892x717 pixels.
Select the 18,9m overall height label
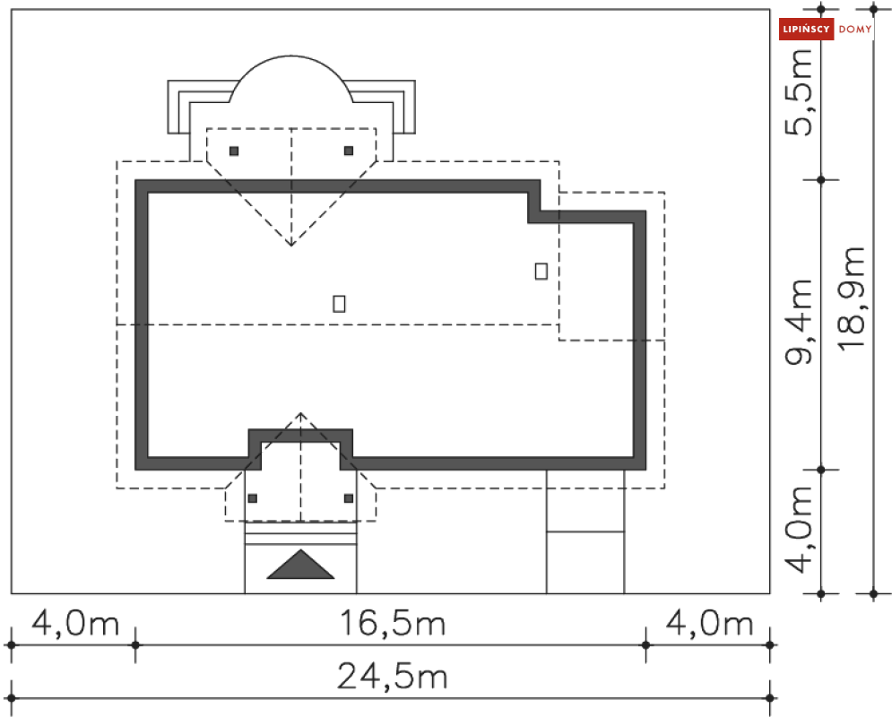[852, 298]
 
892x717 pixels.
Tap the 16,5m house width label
[392, 623]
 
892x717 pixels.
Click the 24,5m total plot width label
[392, 677]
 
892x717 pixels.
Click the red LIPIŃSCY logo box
[806, 29]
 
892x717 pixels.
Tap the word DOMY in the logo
[855, 29]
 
